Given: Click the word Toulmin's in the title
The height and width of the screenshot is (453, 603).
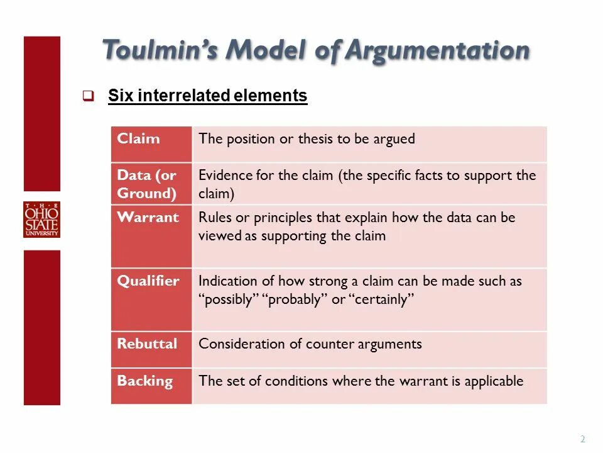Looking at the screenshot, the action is pyautogui.click(x=159, y=50).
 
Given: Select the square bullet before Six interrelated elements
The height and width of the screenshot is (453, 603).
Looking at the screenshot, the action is pyautogui.click(x=88, y=96).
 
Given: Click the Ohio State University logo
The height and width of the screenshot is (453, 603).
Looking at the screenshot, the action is pyautogui.click(x=42, y=220).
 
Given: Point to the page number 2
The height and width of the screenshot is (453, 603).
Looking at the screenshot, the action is pyautogui.click(x=582, y=439).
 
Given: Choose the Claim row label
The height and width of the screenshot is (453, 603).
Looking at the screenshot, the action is pyautogui.click(x=138, y=138).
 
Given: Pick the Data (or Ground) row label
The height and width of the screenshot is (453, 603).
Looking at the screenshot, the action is pyautogui.click(x=147, y=184).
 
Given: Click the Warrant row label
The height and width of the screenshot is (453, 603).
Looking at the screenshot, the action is pyautogui.click(x=148, y=217).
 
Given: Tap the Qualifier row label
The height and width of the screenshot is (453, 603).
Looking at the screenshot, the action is pyautogui.click(x=148, y=281).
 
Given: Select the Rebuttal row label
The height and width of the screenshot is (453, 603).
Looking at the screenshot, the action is pyautogui.click(x=147, y=344).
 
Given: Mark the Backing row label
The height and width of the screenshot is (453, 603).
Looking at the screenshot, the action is pyautogui.click(x=144, y=381).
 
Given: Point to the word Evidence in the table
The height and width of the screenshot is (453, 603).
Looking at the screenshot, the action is pyautogui.click(x=225, y=176).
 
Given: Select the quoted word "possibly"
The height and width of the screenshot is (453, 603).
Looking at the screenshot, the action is pyautogui.click(x=229, y=299).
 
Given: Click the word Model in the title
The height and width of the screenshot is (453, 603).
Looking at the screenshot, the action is pyautogui.click(x=267, y=50).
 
